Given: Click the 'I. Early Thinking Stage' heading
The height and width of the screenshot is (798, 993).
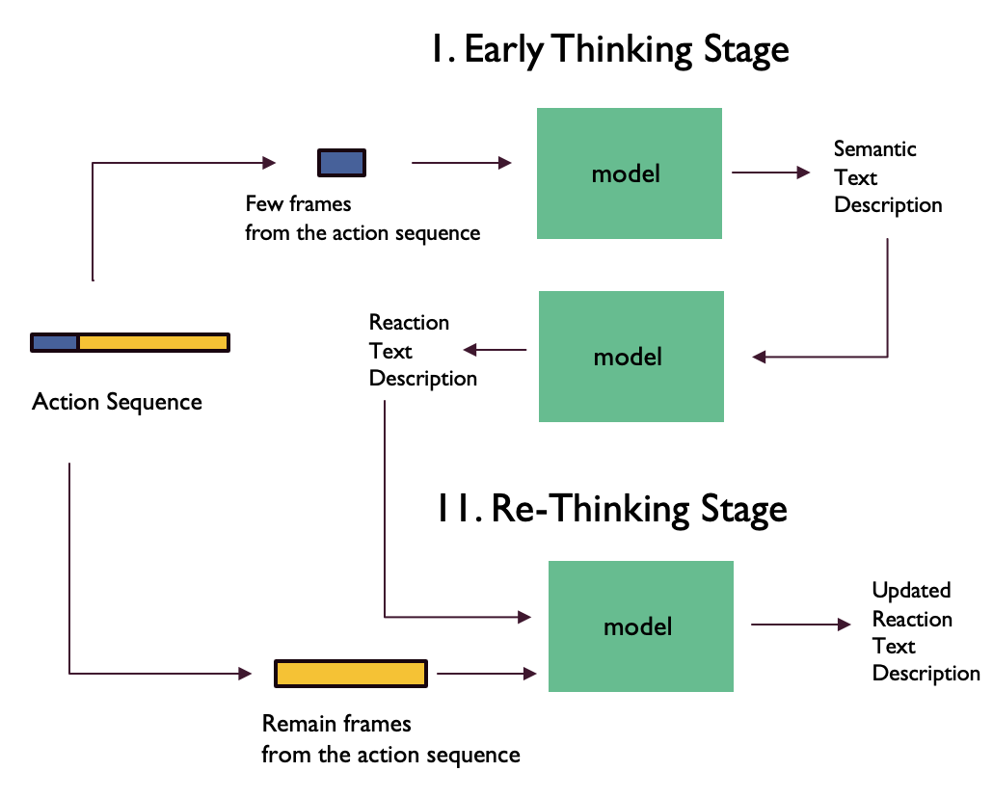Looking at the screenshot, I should coord(609,50).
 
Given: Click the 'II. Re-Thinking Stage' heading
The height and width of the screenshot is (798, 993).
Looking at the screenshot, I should coord(610,508).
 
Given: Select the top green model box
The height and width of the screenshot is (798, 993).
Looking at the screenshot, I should coord(629,173).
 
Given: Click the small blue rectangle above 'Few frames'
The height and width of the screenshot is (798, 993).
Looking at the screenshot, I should coord(342,162).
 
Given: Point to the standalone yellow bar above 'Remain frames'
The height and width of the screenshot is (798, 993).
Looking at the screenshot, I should coord(351,673).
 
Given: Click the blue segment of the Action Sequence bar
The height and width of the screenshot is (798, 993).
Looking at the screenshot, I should coord(55,342).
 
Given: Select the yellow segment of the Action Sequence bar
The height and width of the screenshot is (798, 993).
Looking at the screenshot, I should coord(152,342).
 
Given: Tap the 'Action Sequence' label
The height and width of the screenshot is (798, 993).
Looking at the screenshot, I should coord(117,402).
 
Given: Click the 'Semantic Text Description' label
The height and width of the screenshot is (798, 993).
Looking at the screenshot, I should coord(887,177).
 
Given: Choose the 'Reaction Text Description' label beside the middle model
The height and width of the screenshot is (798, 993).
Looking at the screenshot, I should coord(422,351).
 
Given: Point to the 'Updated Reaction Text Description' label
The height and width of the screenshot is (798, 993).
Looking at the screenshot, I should coord(925,632).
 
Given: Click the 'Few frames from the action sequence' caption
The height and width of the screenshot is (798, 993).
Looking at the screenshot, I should coord(362,219).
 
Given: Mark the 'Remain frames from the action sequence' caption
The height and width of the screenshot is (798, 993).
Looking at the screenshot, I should coord(390,739).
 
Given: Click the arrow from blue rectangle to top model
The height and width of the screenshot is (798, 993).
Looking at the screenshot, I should coord(461,163).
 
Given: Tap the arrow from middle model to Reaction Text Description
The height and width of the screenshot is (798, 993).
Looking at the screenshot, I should coord(496,350).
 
